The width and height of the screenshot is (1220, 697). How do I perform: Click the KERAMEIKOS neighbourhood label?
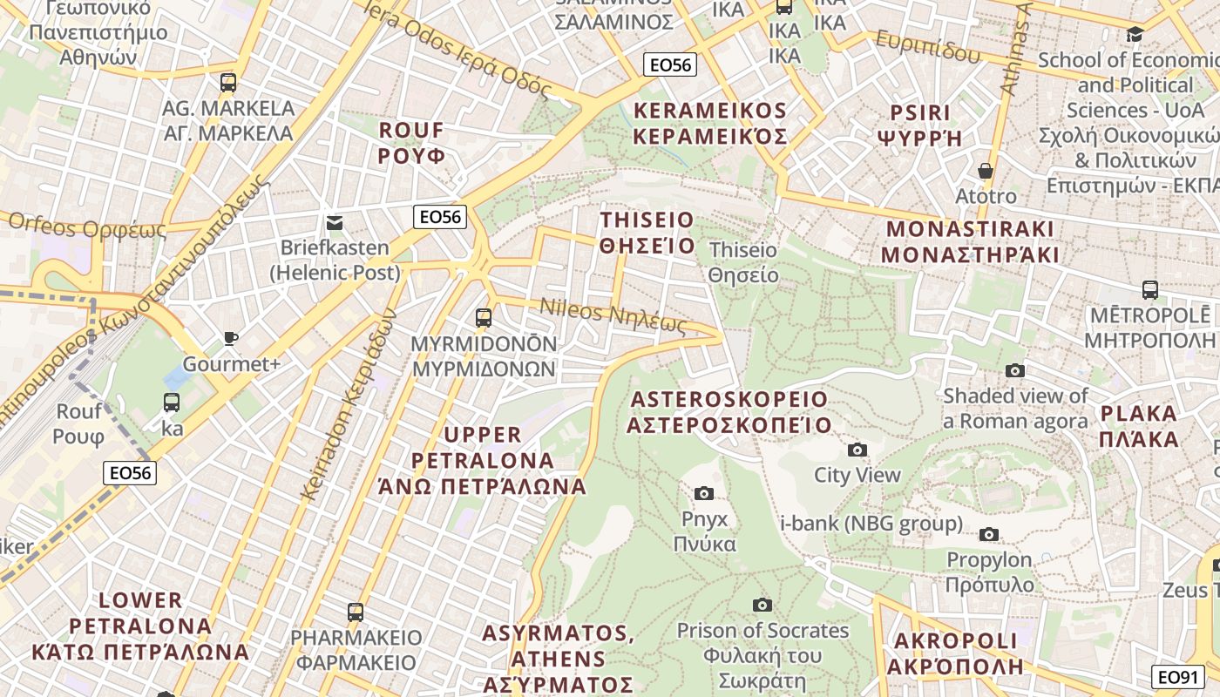[710, 124]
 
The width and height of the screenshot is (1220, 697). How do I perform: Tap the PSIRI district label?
[919, 125]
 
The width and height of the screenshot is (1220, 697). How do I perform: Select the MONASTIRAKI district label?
[970, 241]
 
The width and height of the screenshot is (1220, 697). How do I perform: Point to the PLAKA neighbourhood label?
[1139, 426]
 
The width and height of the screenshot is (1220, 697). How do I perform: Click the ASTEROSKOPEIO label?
[729, 412]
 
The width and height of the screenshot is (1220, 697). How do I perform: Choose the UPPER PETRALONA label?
[483, 460]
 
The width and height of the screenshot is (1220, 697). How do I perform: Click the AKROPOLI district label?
[955, 653]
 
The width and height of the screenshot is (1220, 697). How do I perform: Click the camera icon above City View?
[857, 450]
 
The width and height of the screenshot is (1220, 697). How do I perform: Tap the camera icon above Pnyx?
[704, 494]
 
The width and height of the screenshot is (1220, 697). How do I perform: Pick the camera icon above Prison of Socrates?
[762, 605]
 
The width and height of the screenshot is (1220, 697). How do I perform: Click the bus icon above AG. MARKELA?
[228, 83]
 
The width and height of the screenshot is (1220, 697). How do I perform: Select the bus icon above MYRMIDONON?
[484, 318]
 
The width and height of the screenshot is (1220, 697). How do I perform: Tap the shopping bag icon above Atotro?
[986, 171]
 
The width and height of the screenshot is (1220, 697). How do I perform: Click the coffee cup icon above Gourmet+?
[231, 338]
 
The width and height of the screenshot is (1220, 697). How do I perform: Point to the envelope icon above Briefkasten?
[334, 223]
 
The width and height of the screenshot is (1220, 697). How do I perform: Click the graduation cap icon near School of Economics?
[1135, 35]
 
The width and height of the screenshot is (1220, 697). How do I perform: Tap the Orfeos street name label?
[86, 226]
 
